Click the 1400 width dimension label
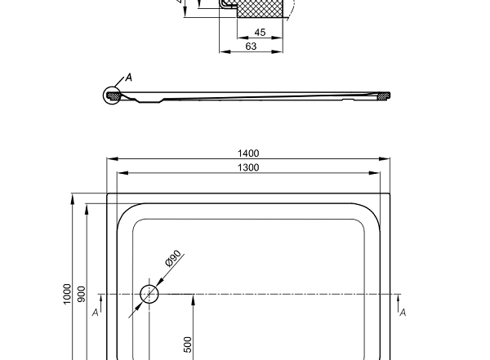249,153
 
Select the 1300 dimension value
249,167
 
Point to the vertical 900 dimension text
81,294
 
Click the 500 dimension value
188,344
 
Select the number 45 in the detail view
260,33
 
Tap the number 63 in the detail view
252,47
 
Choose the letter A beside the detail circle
128,78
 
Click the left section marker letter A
96,312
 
